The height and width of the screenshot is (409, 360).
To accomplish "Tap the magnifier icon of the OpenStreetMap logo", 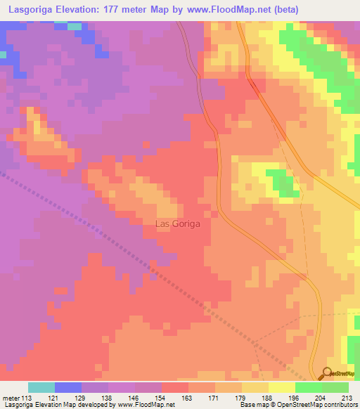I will tap(327, 373).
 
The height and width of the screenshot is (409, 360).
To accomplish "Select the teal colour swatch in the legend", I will tap(41, 387).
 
